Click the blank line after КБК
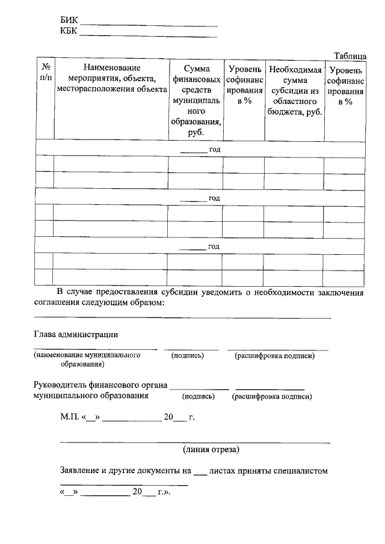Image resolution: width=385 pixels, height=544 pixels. click(x=148, y=35)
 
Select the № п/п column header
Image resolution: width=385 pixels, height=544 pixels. click(x=45, y=73)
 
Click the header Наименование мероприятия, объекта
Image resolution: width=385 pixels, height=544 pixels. click(x=111, y=78)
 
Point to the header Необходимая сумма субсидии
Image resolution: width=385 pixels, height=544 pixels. click(x=294, y=90)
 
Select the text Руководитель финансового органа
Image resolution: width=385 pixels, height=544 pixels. click(x=100, y=385)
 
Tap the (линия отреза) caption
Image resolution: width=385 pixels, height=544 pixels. click(x=211, y=449)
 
